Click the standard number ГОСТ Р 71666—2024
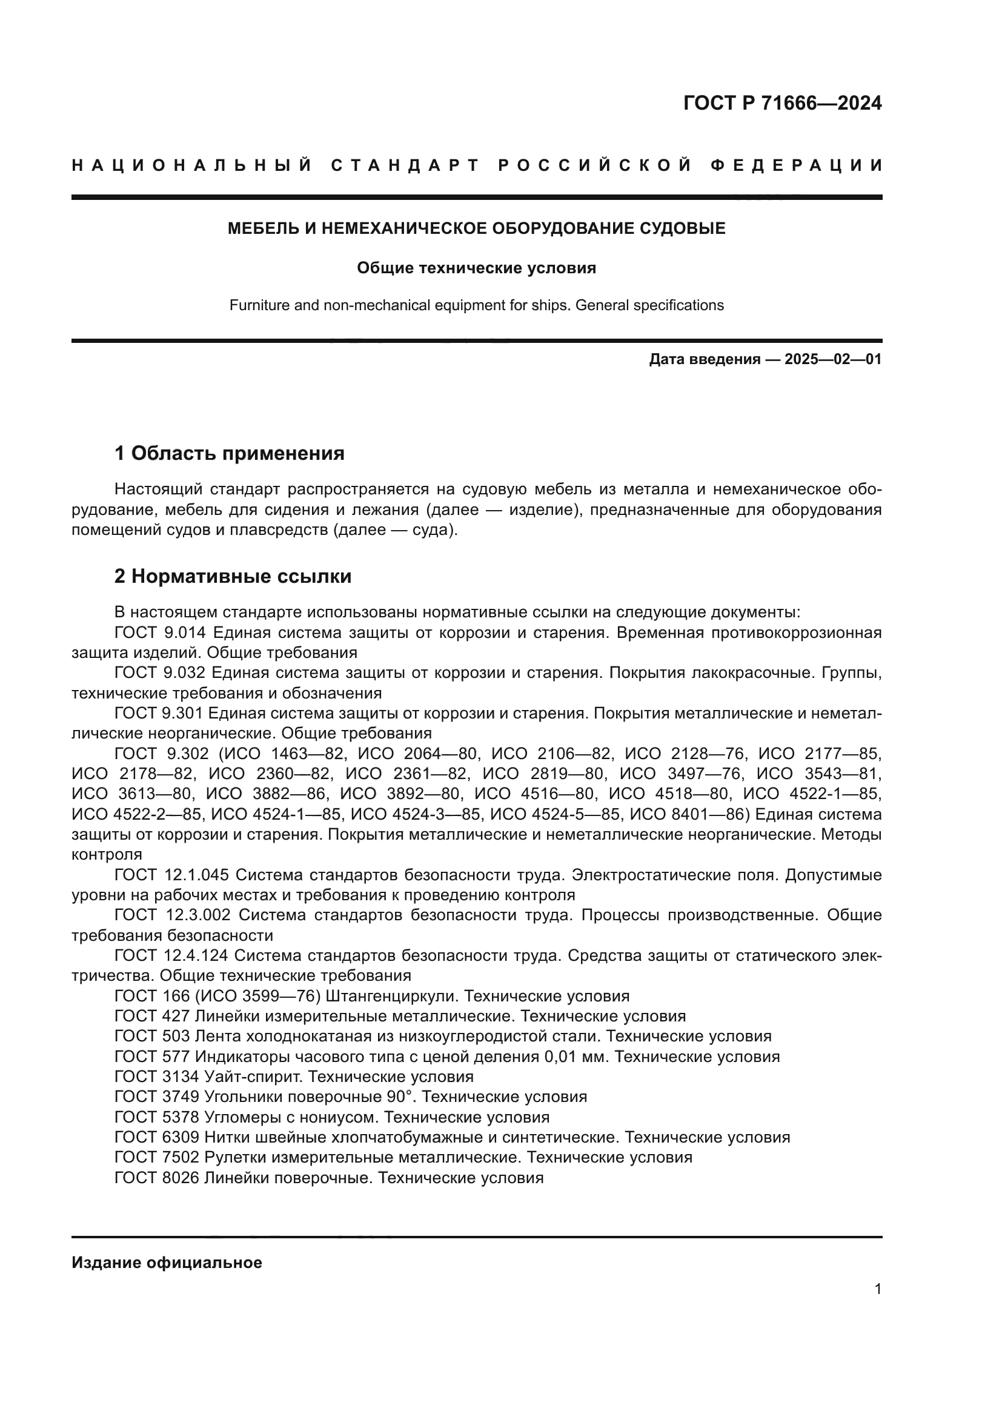pos(781,103)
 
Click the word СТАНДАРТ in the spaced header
pos(405,165)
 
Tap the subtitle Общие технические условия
pos(476,268)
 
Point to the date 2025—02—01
pos(833,359)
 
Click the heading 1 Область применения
pos(229,454)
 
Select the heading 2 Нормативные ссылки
pos(233,576)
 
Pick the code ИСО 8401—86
pos(686,814)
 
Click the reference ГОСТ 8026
pos(157,1178)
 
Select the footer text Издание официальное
pos(167,1262)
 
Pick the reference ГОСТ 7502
pos(157,1157)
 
